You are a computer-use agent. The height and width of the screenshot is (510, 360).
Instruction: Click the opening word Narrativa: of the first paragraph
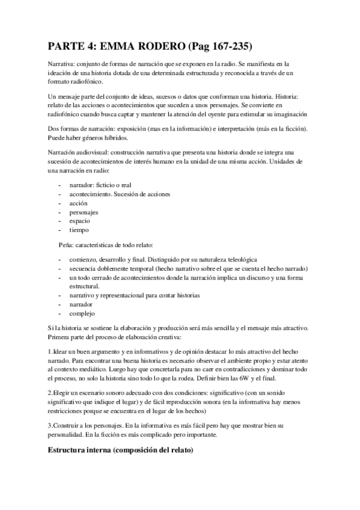point(63,63)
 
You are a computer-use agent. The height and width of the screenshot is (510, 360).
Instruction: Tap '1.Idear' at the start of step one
point(60,351)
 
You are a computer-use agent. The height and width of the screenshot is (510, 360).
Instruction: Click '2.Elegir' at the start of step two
point(62,393)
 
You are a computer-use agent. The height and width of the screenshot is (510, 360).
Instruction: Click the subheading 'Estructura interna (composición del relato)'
point(120,450)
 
